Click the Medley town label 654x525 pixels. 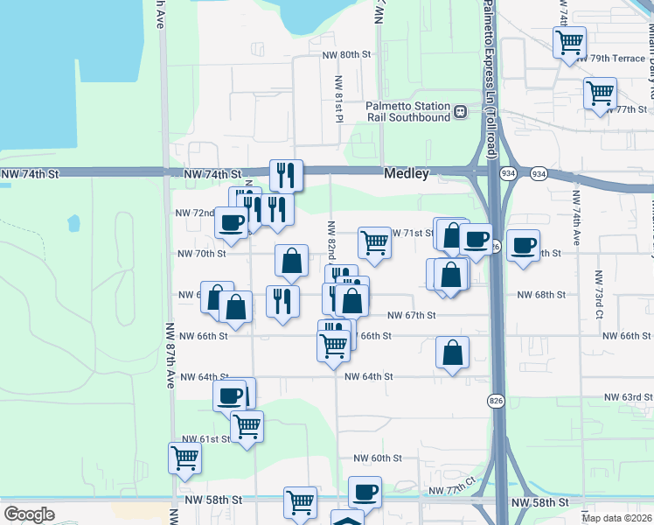click(x=407, y=174)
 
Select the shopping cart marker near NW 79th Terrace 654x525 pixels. click(x=569, y=41)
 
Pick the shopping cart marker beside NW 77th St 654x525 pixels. click(x=601, y=93)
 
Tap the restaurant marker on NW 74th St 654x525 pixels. click(x=286, y=175)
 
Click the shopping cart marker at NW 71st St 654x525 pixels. click(x=375, y=241)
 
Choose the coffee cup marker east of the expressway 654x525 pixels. click(x=523, y=246)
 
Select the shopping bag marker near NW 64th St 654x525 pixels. click(x=453, y=353)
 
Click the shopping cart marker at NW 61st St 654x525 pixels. click(x=247, y=427)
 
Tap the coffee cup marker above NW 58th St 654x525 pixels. click(x=365, y=492)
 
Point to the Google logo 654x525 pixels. click(x=29, y=514)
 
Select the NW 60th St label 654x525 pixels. click(x=378, y=458)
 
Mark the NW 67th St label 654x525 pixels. click(x=411, y=315)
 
